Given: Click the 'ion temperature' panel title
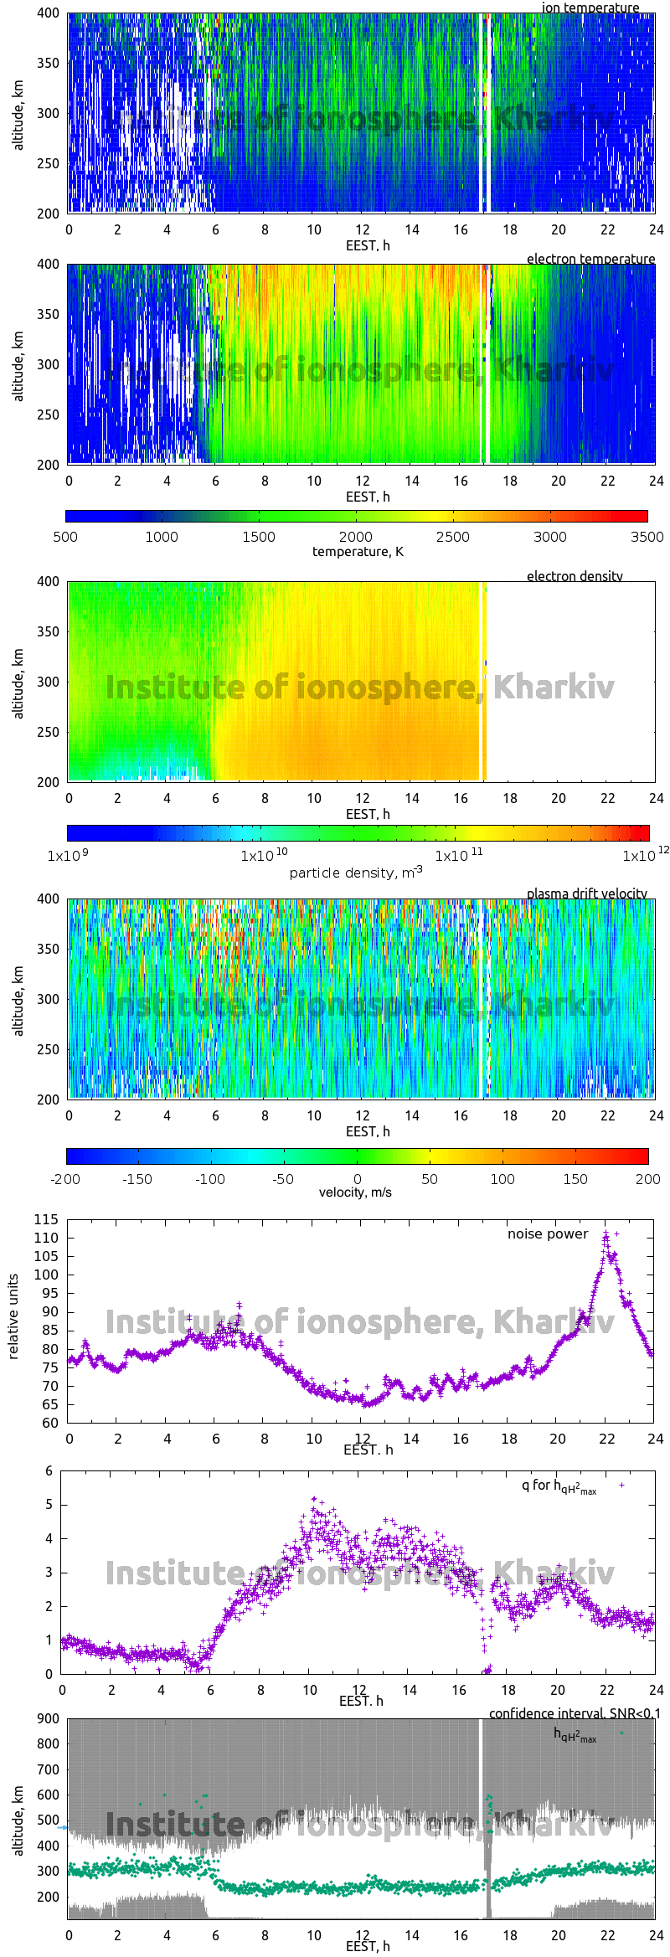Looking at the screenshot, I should [x=590, y=8].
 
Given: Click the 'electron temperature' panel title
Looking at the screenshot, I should [x=590, y=259].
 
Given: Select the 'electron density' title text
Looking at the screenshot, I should [x=575, y=576].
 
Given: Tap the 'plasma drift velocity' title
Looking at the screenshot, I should [x=586, y=894].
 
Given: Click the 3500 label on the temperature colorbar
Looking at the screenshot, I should [x=647, y=537].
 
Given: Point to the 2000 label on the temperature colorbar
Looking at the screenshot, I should [x=355, y=537].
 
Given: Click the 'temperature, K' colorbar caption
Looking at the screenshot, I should [x=358, y=551].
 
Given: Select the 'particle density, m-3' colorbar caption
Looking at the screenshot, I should [x=355, y=873].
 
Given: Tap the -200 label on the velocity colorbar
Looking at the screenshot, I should [x=65, y=1179].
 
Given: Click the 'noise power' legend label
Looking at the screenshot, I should [x=548, y=1233].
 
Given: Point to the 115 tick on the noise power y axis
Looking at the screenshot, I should [x=46, y=1219].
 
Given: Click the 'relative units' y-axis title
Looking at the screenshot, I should [x=13, y=1316].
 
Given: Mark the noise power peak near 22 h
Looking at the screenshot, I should [x=606, y=1233].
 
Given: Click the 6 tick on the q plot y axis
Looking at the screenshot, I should [x=49, y=1470].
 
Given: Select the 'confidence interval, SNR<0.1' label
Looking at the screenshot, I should [x=575, y=1713].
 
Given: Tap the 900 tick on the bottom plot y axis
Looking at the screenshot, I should [x=48, y=1718].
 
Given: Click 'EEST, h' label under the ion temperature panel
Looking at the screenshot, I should [x=368, y=245].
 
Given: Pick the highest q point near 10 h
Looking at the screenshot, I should [x=314, y=1499].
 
